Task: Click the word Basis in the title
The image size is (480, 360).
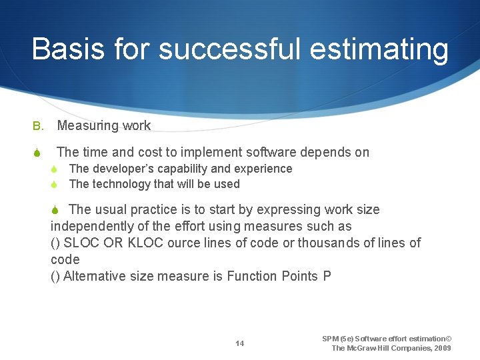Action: tap(67, 49)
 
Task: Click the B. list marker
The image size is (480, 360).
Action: tap(38, 125)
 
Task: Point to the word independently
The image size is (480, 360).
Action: tap(89, 226)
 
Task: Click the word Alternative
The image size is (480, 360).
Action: tap(94, 276)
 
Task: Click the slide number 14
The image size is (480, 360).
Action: tap(239, 343)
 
